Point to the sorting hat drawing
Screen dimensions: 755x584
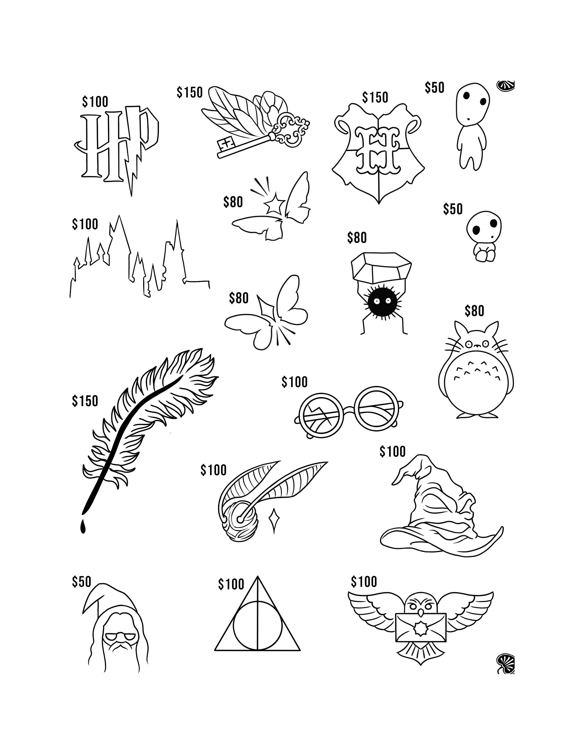pos(439,508)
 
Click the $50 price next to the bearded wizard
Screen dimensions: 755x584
pos(81,582)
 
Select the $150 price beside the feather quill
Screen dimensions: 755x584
pos(85,401)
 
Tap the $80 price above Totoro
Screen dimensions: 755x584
pos(474,311)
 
